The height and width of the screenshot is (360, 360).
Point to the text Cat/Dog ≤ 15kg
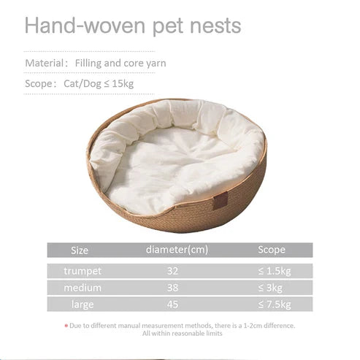coord(97,83)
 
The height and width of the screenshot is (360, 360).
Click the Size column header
coord(80,250)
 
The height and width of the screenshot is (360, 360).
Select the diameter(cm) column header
coord(177,250)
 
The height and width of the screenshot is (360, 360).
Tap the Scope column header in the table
coord(272,250)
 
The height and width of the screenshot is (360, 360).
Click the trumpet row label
coord(83,271)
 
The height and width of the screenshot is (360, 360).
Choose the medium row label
coord(83,288)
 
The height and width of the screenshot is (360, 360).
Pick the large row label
coord(83,304)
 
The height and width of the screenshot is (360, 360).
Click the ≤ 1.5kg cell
coord(275,271)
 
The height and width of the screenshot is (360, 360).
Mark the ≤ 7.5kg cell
coord(275,304)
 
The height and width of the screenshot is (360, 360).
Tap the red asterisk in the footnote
coord(66,326)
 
